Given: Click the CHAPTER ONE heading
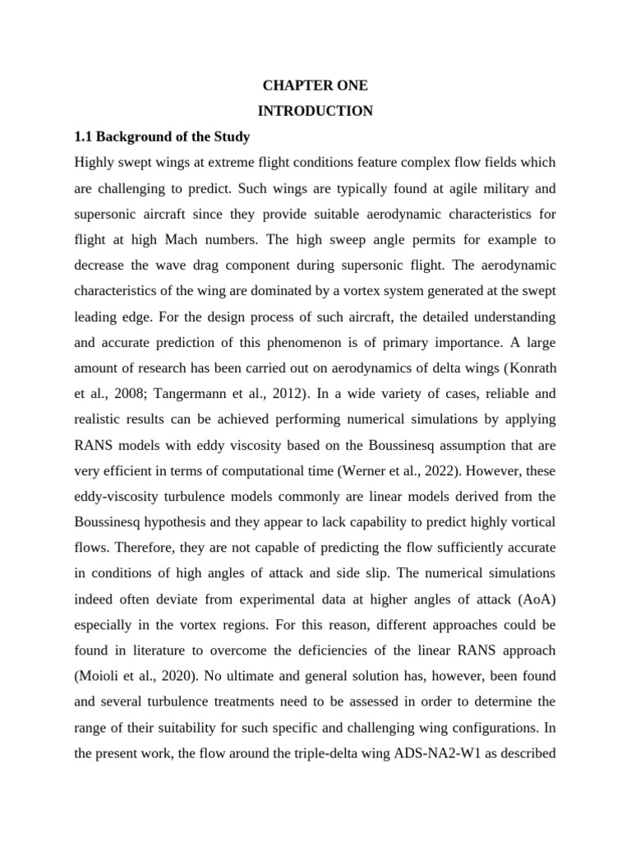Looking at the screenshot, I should pyautogui.click(x=315, y=86).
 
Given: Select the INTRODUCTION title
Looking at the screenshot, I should pyautogui.click(x=315, y=111).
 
